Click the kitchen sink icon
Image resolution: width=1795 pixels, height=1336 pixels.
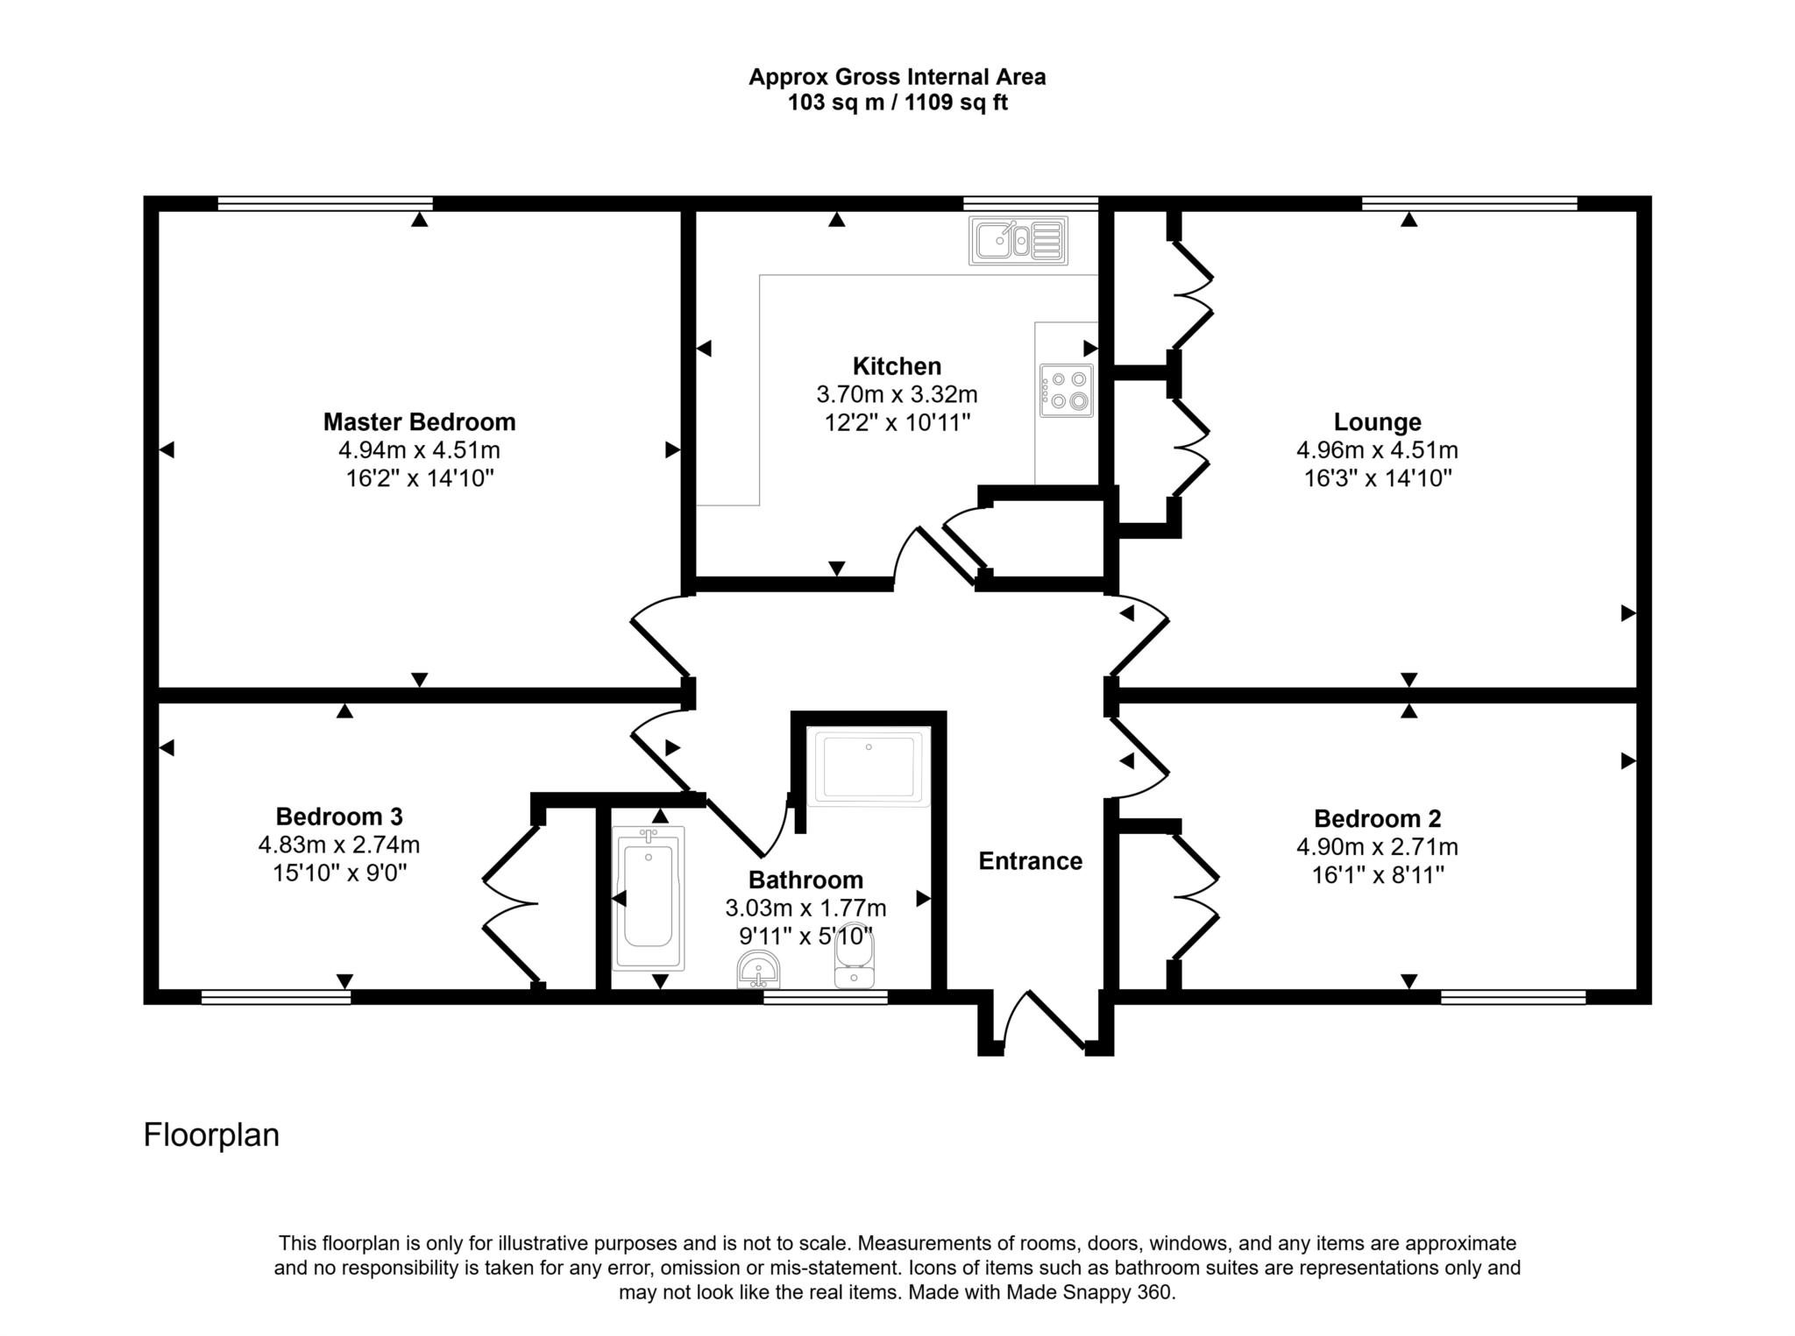1018,240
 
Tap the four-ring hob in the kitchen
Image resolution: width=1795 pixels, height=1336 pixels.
1067,391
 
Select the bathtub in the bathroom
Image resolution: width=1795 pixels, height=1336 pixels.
648,898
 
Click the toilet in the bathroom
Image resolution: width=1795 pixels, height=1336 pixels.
854,958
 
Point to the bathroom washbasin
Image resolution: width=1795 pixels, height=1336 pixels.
759,970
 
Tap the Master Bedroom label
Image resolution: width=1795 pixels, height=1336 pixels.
419,422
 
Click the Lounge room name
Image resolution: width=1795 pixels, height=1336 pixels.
1377,422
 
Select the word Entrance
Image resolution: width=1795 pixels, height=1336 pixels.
1030,861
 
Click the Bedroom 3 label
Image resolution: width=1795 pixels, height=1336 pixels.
339,816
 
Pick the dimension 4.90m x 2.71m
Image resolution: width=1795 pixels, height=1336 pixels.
1377,847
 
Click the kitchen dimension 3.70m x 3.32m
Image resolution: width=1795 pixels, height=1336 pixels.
897,394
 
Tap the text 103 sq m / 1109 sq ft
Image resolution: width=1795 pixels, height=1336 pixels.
897,103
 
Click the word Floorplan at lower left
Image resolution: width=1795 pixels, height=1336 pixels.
211,1135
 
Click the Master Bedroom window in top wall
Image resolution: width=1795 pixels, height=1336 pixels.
325,204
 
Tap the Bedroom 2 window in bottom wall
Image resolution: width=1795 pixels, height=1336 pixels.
1513,997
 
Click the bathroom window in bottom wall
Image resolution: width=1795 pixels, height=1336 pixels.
825,997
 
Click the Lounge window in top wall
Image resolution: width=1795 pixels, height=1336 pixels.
1469,204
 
